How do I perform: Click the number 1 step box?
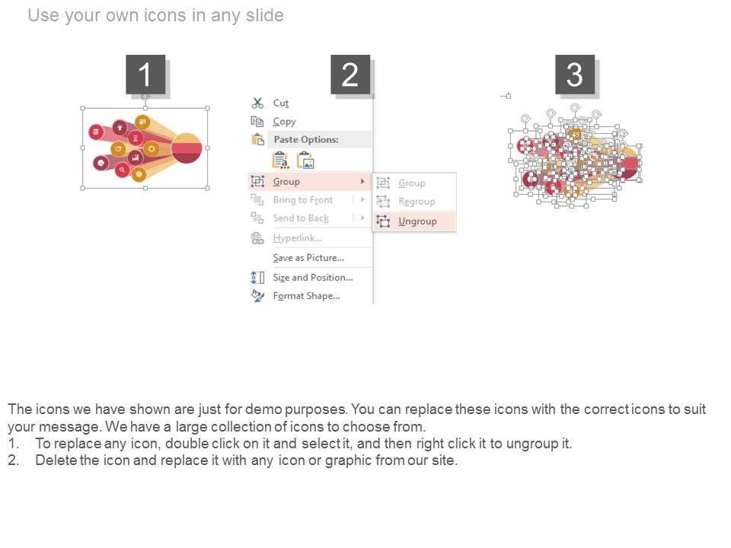[x=145, y=75]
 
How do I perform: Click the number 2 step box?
[x=350, y=75]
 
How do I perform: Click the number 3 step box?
[x=575, y=75]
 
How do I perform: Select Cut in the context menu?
[x=281, y=103]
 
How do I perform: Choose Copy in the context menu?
[x=284, y=122]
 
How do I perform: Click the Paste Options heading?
[x=306, y=139]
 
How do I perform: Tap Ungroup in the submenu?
[x=417, y=221]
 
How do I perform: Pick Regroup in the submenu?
[x=417, y=201]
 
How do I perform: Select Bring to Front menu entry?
[x=302, y=200]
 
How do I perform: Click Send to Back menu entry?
[x=301, y=218]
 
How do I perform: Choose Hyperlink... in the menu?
[x=297, y=238]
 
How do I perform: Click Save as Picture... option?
[x=308, y=258]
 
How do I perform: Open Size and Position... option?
[x=313, y=277]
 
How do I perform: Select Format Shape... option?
[x=306, y=296]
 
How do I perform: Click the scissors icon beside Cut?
[x=257, y=103]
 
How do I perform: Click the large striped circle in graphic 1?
[x=187, y=148]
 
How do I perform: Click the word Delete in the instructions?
[x=56, y=460]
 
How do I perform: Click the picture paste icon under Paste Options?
[x=305, y=161]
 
